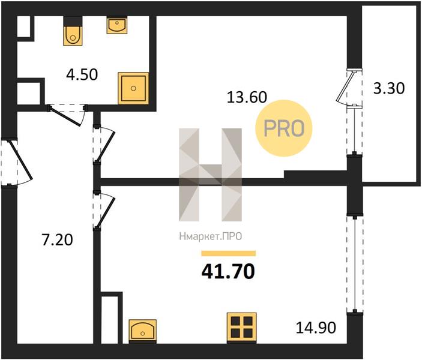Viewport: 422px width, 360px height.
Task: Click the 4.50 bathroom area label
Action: tap(82, 75)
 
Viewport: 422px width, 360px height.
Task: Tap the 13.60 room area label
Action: tap(247, 97)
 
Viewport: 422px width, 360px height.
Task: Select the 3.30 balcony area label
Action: tap(389, 88)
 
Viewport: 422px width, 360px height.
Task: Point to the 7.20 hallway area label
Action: tap(57, 240)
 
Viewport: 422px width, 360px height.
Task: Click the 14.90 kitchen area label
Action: tap(316, 328)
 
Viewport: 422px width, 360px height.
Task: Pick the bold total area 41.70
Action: tap(228, 271)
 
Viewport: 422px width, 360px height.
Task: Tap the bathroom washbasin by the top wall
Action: tap(117, 25)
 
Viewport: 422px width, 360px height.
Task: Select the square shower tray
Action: tap(133, 88)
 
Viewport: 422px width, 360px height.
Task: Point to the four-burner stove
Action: tap(241, 328)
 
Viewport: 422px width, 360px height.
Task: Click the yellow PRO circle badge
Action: tap(283, 128)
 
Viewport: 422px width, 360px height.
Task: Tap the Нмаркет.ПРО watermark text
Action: tap(211, 236)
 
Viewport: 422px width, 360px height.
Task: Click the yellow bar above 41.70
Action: tap(229, 253)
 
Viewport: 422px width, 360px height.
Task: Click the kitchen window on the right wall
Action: tap(355, 263)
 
